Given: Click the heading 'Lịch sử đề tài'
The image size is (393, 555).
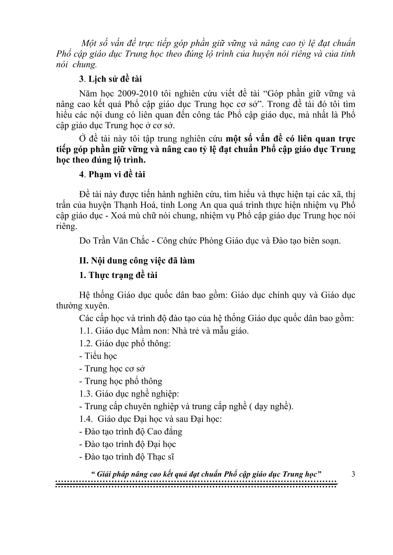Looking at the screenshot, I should click(x=115, y=79).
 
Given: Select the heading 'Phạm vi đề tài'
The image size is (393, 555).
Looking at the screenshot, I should click(x=116, y=175).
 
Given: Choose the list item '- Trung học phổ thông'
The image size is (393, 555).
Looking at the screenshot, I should click(x=120, y=381).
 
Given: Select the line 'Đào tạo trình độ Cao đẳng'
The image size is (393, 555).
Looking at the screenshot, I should click(x=130, y=431).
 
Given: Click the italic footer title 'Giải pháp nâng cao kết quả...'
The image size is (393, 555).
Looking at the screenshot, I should click(x=207, y=474).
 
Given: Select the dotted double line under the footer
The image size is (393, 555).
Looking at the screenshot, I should click(x=196, y=484).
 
